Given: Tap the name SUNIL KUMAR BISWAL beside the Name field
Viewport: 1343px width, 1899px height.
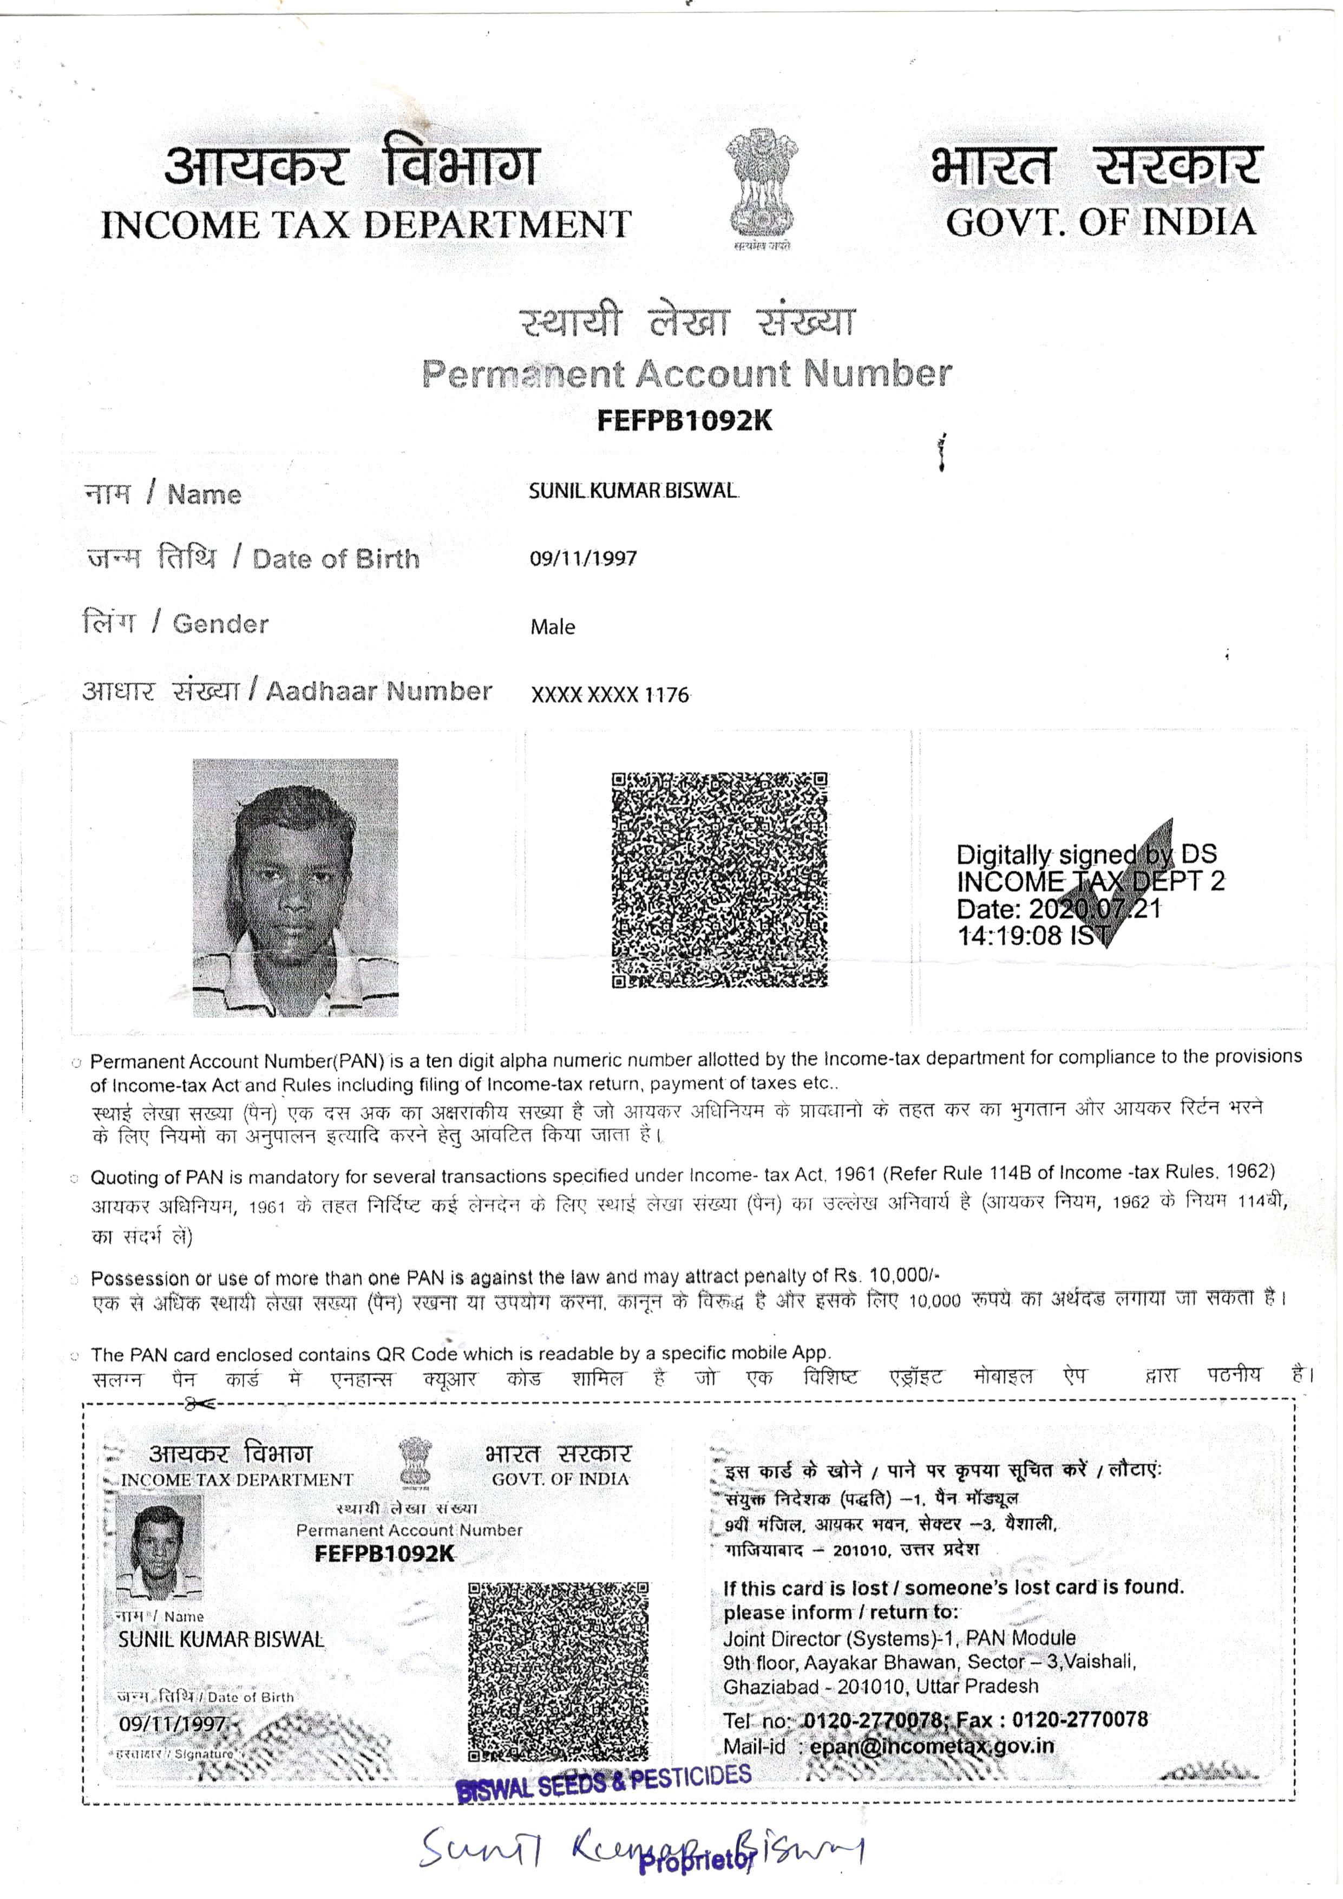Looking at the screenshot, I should tap(633, 491).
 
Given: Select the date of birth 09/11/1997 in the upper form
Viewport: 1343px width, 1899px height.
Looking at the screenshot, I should tap(583, 558).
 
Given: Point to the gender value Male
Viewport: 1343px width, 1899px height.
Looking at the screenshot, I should tap(553, 627).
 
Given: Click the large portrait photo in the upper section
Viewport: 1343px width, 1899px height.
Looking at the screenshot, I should tap(295, 887).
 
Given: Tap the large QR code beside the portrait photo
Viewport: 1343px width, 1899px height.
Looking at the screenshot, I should tap(719, 880).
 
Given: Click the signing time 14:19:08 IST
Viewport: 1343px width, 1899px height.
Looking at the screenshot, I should tap(1034, 936).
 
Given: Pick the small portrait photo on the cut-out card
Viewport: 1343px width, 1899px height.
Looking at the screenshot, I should tap(160, 1546).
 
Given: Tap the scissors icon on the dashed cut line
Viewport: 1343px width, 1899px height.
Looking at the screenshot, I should tap(199, 1403).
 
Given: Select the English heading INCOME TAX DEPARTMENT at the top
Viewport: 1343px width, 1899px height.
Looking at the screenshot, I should tap(366, 225).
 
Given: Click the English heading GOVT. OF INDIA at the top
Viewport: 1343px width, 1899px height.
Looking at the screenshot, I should tap(1100, 223).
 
